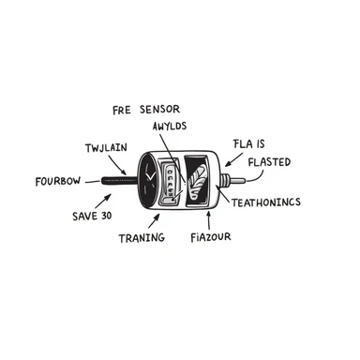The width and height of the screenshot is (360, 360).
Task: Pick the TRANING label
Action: point(142,237)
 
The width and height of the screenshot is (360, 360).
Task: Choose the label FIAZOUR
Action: point(211,237)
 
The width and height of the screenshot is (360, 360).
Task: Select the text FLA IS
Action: point(249,143)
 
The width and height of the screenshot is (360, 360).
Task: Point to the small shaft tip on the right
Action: point(242,177)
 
